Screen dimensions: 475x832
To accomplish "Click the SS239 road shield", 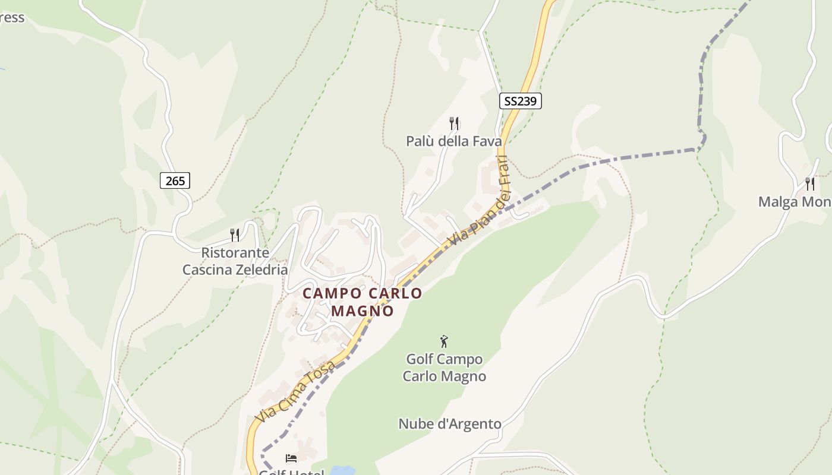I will [520, 101].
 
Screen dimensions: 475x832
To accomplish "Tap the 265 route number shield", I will [175, 180].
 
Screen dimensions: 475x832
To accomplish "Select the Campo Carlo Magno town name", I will [363, 302].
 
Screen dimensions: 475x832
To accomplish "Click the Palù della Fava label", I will [453, 141].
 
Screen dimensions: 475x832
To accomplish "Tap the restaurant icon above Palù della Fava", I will [454, 123].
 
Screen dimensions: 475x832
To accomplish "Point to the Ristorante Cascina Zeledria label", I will [235, 261].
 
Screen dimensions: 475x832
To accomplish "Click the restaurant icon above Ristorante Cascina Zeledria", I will [235, 235].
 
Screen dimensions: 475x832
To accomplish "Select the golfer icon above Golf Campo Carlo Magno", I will [444, 341].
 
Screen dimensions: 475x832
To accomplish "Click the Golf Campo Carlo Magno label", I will [445, 368].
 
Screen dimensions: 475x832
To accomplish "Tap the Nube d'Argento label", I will [450, 424].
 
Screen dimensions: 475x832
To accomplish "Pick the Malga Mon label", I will [795, 202].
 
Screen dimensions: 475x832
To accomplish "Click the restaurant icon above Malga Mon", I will [809, 183].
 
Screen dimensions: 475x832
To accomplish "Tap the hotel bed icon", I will [291, 458].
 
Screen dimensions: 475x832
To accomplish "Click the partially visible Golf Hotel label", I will [292, 472].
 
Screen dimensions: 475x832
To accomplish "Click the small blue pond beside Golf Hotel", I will [342, 470].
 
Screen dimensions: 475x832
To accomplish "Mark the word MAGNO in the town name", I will [363, 311].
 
